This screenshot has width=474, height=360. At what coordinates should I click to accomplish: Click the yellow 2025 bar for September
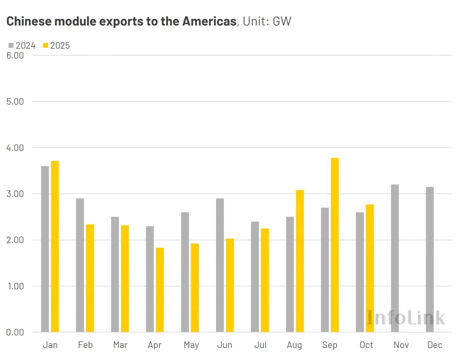coord(335,245)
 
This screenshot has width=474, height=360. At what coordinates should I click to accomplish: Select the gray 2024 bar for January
coord(45,249)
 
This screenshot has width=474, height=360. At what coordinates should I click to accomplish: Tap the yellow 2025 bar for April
coord(160,290)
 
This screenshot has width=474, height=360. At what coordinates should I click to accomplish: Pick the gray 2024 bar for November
coord(395,258)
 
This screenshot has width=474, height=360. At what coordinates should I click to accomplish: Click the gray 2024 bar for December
coord(430,259)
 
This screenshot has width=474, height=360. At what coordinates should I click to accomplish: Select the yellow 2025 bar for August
coord(300,261)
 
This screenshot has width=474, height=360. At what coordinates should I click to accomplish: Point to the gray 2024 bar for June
coord(220,265)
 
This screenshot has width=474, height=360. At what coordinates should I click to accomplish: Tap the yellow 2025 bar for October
coord(370,268)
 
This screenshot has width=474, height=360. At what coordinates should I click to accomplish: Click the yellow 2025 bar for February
coord(90,278)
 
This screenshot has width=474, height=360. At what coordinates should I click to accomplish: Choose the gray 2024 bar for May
coord(185,272)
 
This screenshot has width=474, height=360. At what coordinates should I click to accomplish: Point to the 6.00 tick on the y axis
coord(15,55)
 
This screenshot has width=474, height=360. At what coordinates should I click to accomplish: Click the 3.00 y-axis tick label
coord(15,194)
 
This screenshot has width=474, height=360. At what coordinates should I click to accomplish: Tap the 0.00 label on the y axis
coord(15,332)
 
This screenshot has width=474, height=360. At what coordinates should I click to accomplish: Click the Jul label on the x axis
coord(260,345)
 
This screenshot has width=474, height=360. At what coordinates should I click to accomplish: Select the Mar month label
coord(120,345)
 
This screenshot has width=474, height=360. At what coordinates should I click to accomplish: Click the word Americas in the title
coord(209,21)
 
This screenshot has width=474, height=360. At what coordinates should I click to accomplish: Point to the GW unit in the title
coord(282,21)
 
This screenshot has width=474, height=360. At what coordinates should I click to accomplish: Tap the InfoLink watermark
coord(406,318)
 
